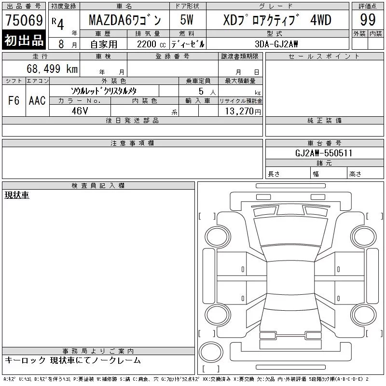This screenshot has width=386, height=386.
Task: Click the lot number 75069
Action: point(24,20)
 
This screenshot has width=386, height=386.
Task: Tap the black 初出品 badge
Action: point(24,40)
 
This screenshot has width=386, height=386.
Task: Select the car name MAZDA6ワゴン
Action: point(125,20)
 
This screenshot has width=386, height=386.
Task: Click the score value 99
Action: point(368,20)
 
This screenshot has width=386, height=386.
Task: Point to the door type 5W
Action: point(187,20)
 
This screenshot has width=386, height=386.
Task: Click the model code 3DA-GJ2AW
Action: point(276,44)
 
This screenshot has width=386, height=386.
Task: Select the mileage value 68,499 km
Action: point(52,69)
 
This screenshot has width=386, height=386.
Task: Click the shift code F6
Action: point(14,100)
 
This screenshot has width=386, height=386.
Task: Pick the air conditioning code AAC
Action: point(37,100)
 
